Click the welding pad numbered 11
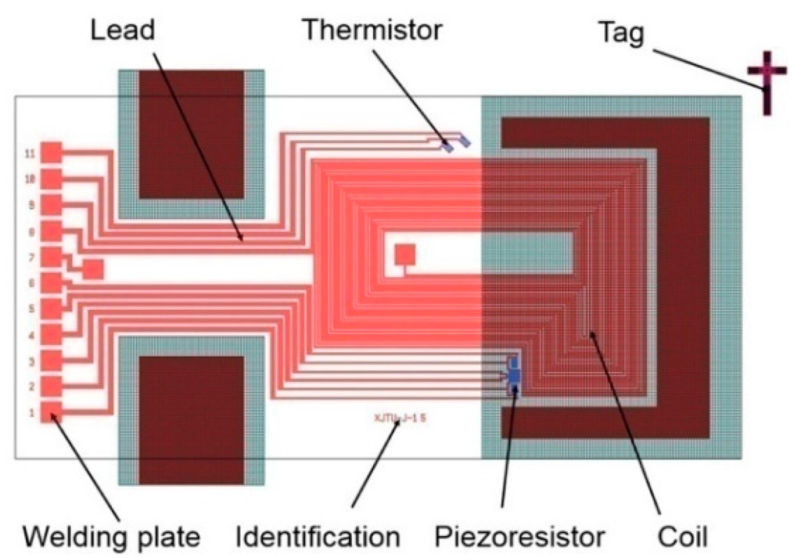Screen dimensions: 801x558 [x=52, y=152]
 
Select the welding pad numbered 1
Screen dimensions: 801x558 [x=52, y=412]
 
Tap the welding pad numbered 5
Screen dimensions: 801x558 [x=52, y=308]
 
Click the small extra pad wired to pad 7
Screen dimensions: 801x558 [x=92, y=268]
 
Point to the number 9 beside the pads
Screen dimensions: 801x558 [x=31, y=205]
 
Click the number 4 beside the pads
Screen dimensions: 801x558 [x=31, y=336]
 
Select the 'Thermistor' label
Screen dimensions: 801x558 [x=372, y=30]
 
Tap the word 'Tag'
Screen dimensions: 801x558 [x=620, y=32]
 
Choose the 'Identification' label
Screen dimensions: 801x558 [x=318, y=536]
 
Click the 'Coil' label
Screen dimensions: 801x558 [x=681, y=536]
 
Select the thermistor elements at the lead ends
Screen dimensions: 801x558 [x=454, y=143]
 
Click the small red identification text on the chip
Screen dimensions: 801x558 [x=400, y=418]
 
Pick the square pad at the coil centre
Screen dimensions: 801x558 [x=404, y=254]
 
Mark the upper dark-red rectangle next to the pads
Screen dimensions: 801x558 [x=192, y=133]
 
